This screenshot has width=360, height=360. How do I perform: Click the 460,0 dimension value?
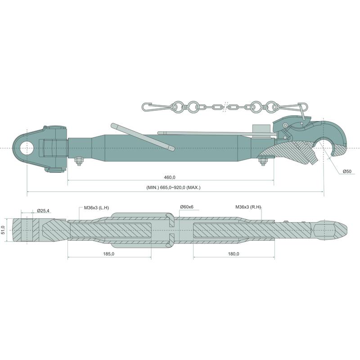click(x=170, y=177)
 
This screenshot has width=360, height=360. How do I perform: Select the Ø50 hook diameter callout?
click(x=347, y=171)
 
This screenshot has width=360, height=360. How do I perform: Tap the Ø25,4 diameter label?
click(x=43, y=211)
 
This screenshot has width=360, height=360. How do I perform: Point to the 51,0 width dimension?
click(x=3, y=230)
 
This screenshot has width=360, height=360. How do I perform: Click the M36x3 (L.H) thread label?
click(x=96, y=208)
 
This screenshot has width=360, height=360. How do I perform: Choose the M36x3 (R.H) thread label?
click(x=248, y=207)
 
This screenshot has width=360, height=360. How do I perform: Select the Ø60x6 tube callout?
click(x=187, y=207)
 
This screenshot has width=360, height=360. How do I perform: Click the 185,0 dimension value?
click(x=109, y=254)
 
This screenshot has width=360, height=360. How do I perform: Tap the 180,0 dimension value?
click(x=234, y=254)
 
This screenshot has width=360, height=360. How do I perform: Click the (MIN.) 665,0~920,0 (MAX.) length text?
click(x=173, y=188)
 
